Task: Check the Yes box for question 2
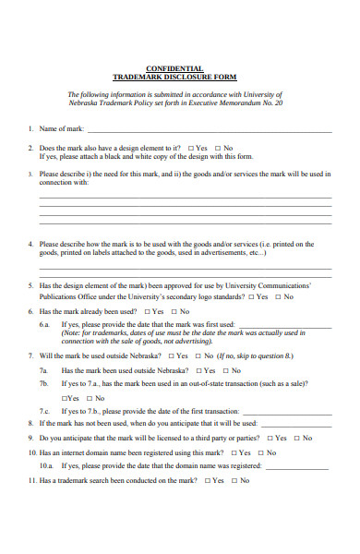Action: [x=190, y=148]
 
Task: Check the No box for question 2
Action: [x=218, y=148]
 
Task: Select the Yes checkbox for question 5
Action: [x=250, y=297]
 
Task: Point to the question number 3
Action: [x=30, y=173]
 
